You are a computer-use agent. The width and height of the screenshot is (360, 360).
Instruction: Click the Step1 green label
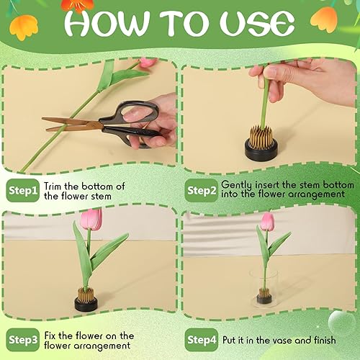[x=22, y=191]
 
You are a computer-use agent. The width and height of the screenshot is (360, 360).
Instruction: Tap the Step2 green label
[x=201, y=191]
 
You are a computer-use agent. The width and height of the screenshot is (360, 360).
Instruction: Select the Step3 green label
[x=22, y=340]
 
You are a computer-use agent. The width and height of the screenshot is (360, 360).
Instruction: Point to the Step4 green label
[x=201, y=340]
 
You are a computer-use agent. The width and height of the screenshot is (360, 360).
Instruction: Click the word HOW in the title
[x=109, y=24]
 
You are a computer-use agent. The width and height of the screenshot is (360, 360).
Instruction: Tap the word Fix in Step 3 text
[x=52, y=335]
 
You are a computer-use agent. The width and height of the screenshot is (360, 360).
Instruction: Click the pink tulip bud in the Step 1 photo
[x=148, y=63]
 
